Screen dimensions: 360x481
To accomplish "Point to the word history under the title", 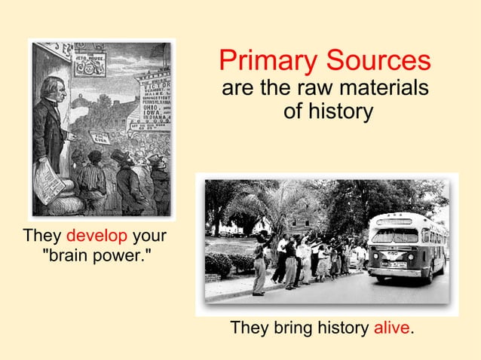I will (x=339, y=112).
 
